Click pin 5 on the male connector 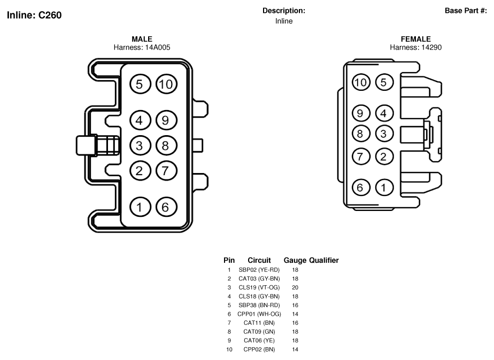(x=140, y=84)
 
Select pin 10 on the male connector (x=166, y=84)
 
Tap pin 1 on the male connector (x=140, y=207)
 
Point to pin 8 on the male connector (x=166, y=146)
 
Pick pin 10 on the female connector (x=361, y=82)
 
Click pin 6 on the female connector (x=361, y=187)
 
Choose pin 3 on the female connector (x=384, y=134)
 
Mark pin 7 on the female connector (x=361, y=156)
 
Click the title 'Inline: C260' (x=34, y=15)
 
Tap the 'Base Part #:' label (x=466, y=11)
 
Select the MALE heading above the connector (x=142, y=39)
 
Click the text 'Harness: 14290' (x=415, y=47)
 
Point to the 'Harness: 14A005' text (x=142, y=47)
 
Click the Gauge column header (x=295, y=260)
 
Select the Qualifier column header (x=324, y=260)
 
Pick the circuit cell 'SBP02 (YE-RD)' (x=259, y=270)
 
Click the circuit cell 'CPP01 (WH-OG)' (x=259, y=314)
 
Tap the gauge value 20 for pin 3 (x=295, y=287)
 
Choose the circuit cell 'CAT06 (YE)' (x=259, y=340)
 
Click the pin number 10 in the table (x=229, y=349)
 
